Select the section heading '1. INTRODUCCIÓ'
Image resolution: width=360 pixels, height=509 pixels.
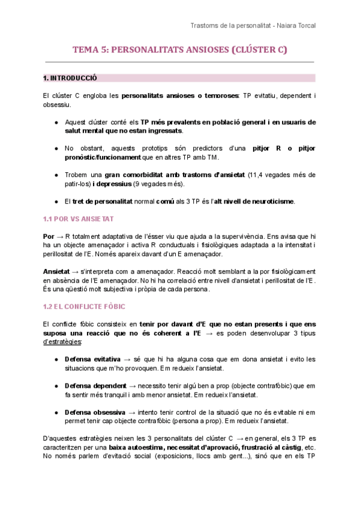point(70,78)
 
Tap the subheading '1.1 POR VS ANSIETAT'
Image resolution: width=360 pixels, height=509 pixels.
point(78,218)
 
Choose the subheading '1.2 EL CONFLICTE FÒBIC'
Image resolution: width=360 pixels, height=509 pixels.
point(84,307)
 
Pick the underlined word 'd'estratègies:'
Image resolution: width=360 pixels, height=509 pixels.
point(63,342)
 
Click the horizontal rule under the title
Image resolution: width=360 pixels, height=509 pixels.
point(179,62)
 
